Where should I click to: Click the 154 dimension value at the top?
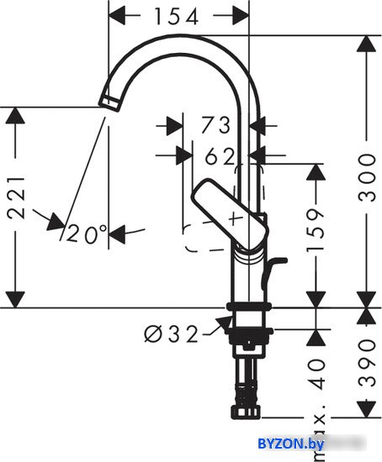coord(177,16)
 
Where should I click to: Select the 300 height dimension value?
coord(367,177)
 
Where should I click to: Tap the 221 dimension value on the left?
coord(15,197)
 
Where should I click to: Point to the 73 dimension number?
coord(215,125)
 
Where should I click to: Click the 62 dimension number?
coord(220,156)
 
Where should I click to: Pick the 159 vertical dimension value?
coord(316,231)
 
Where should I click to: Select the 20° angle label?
coord(87,234)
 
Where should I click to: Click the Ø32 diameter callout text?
coord(171,333)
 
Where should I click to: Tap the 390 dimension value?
coord(367,363)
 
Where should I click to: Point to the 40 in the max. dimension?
coord(316,374)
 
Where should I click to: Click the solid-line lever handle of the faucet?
coord(230,214)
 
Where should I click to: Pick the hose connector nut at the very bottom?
coord(246,412)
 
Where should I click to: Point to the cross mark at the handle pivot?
coord(236,218)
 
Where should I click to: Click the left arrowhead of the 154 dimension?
coord(116,16)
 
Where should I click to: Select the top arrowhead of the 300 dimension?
coord(367,44)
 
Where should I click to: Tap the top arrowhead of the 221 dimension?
coord(15,116)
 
